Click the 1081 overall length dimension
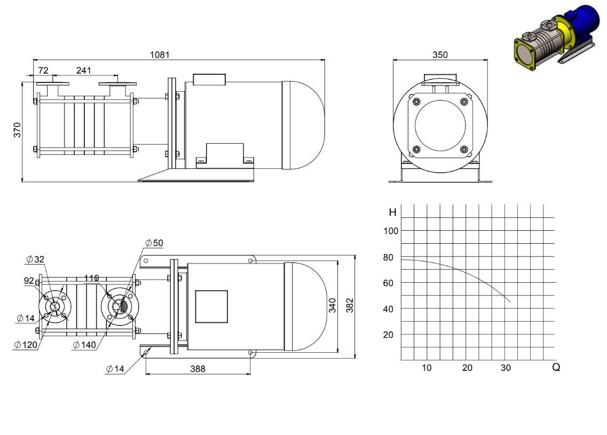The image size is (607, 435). tap(160, 55)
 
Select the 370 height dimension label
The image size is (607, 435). tap(17, 130)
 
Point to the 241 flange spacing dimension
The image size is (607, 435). tap(84, 70)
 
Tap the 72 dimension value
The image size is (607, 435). tap(43, 70)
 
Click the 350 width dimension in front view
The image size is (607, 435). tap(440, 55)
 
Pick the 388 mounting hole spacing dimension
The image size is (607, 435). tap(198, 369)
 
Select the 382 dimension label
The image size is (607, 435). tap(350, 305)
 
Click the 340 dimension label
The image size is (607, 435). tap(332, 305)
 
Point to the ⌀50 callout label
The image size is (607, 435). tap(154, 243)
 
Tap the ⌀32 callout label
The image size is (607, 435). tap(35, 259)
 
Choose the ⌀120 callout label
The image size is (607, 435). tap(26, 344)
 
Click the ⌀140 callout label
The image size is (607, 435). tap(84, 344)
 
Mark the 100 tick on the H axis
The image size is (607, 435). tap(391, 231)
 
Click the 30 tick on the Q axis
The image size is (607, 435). tap(506, 368)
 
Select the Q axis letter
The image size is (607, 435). tap(556, 367)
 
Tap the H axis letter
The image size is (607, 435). tap(392, 212)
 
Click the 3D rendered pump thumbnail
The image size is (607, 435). tap(556, 38)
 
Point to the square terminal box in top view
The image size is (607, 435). tap(211, 306)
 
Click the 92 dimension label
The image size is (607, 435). tap(29, 281)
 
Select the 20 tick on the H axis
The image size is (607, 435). tap(388, 335)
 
